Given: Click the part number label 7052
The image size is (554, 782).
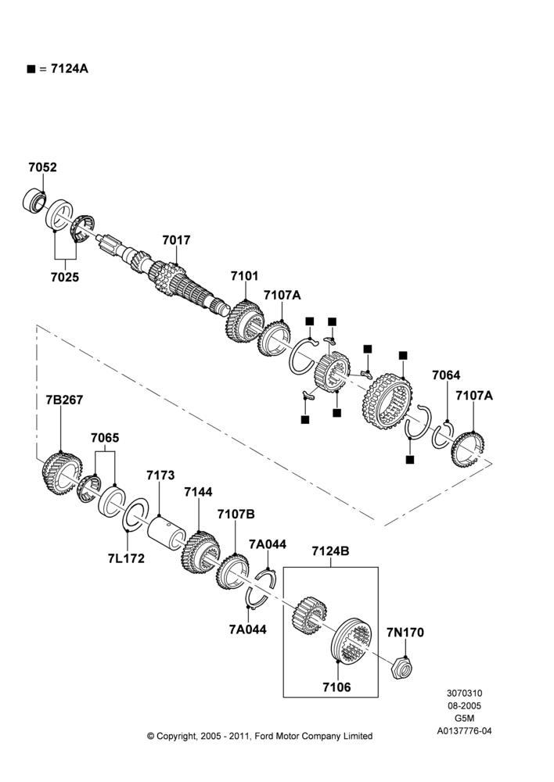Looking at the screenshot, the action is point(42,167).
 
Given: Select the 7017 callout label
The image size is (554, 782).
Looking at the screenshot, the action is point(176,240).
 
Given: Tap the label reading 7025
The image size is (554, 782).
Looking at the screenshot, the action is point(65,277).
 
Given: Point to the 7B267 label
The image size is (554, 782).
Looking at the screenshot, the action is point(64,400).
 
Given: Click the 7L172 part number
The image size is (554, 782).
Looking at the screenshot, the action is point(126,558).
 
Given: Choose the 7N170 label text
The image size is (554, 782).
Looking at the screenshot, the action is point(405,633).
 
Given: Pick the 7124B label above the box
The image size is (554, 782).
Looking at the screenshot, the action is point(330,551).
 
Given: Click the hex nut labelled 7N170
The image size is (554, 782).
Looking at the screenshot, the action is point(402,668).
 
